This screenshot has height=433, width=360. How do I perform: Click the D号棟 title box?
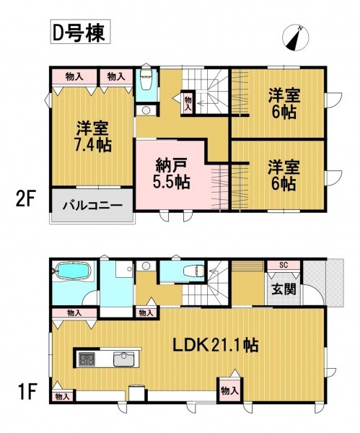click(x=80, y=32)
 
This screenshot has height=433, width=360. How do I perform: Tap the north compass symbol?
click(x=295, y=38)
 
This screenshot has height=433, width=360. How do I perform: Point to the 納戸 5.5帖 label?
click(x=172, y=173)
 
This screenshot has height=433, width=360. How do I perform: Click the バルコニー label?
click(x=92, y=206)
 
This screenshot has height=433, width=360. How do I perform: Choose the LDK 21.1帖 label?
click(x=216, y=345)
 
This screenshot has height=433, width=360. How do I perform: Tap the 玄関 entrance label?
click(x=284, y=289)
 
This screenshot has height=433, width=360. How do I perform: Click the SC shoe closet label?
click(x=284, y=266)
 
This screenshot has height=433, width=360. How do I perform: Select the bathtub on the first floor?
click(x=74, y=271)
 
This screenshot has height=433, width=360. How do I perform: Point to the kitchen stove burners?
click(x=87, y=359)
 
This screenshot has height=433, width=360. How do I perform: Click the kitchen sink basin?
click(x=124, y=359)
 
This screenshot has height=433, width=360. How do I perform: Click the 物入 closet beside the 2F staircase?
click(x=188, y=102)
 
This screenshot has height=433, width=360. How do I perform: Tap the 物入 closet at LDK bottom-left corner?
click(x=62, y=396)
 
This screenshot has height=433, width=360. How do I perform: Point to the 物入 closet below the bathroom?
click(x=74, y=313)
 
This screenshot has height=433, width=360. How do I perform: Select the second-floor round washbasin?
click(x=146, y=110)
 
